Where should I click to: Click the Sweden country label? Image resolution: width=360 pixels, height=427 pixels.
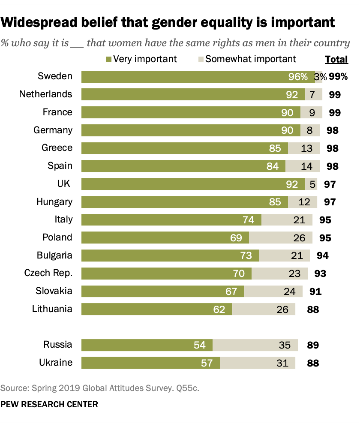(x=55, y=77)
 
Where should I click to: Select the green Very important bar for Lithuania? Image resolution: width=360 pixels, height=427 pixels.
(x=156, y=309)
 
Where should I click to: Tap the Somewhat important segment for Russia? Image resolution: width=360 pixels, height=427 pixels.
(x=254, y=345)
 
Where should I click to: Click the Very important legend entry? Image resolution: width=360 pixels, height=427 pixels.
(x=141, y=59)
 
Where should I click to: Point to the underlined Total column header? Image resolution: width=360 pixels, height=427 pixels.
(x=336, y=59)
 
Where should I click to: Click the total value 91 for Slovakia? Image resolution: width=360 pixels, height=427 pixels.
(x=315, y=292)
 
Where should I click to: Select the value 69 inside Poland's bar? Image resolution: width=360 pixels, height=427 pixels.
(x=236, y=238)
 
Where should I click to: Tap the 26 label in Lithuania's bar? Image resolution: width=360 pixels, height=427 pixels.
(x=282, y=309)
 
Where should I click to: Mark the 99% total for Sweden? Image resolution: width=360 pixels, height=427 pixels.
(x=338, y=77)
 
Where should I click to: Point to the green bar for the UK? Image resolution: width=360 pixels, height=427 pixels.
(x=193, y=184)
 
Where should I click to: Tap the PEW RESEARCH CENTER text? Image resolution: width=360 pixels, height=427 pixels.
(x=49, y=404)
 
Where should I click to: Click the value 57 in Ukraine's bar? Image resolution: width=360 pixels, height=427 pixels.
(x=207, y=363)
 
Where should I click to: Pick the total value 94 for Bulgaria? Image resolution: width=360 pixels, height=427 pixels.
(x=322, y=256)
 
